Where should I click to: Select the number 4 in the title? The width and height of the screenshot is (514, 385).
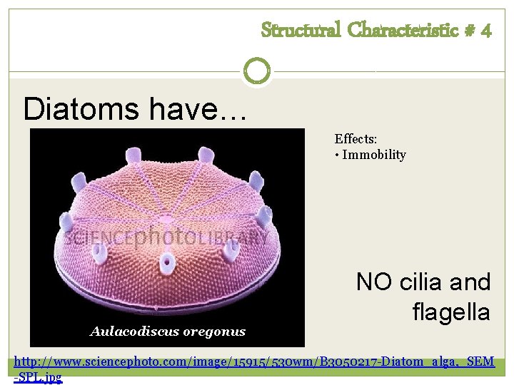[485, 30]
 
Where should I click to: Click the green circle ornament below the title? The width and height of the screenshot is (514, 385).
[257, 71]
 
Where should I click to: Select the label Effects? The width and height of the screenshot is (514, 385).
[355, 140]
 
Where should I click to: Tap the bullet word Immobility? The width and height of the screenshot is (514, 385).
[374, 155]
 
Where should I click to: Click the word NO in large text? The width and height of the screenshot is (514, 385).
[373, 282]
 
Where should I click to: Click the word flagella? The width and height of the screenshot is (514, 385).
[451, 312]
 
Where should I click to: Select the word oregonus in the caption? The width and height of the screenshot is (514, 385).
[213, 331]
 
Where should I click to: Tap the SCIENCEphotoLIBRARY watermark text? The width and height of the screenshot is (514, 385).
[167, 237]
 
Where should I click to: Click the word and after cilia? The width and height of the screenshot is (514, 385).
[471, 282]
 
